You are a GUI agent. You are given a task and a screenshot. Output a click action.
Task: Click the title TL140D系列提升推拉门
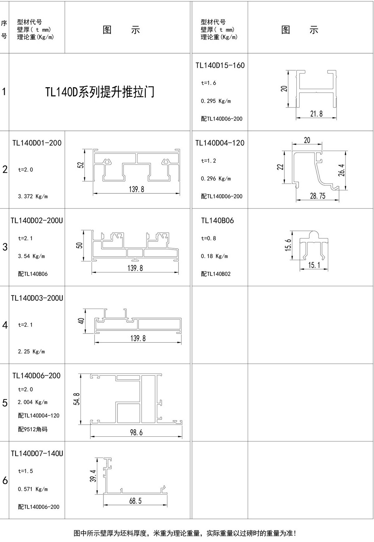point(100,92)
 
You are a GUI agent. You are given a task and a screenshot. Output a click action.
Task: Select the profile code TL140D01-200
point(37,143)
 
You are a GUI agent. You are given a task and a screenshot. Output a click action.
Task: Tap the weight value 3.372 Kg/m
point(33,197)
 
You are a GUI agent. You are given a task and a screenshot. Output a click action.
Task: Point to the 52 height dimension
point(81,165)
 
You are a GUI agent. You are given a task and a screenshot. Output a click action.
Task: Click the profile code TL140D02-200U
point(37,221)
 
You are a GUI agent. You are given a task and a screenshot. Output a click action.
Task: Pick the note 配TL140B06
point(33,274)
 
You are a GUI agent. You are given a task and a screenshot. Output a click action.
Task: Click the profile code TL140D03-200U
point(37,298)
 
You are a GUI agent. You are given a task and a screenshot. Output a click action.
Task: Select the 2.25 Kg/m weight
point(31,352)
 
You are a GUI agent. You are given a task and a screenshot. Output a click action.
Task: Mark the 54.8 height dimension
point(77,399)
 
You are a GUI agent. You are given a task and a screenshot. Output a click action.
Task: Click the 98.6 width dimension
point(136,432)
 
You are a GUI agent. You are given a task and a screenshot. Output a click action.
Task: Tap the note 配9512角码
point(33,429)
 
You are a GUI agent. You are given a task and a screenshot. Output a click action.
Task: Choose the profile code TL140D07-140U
point(37,454)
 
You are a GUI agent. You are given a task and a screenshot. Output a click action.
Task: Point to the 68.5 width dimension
point(135,501)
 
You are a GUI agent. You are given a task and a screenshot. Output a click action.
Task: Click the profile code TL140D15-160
point(220,65)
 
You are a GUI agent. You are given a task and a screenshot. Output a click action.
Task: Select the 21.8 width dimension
point(316,114)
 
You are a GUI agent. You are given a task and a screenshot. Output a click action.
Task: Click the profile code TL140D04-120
point(220,143)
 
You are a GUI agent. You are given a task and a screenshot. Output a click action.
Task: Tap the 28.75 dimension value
point(318,196)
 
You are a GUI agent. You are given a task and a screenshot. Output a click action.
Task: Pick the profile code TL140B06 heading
point(217,221)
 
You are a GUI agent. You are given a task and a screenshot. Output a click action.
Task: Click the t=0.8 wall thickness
point(208,239)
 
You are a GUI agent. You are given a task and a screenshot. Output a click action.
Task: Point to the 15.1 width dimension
point(314,265)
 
